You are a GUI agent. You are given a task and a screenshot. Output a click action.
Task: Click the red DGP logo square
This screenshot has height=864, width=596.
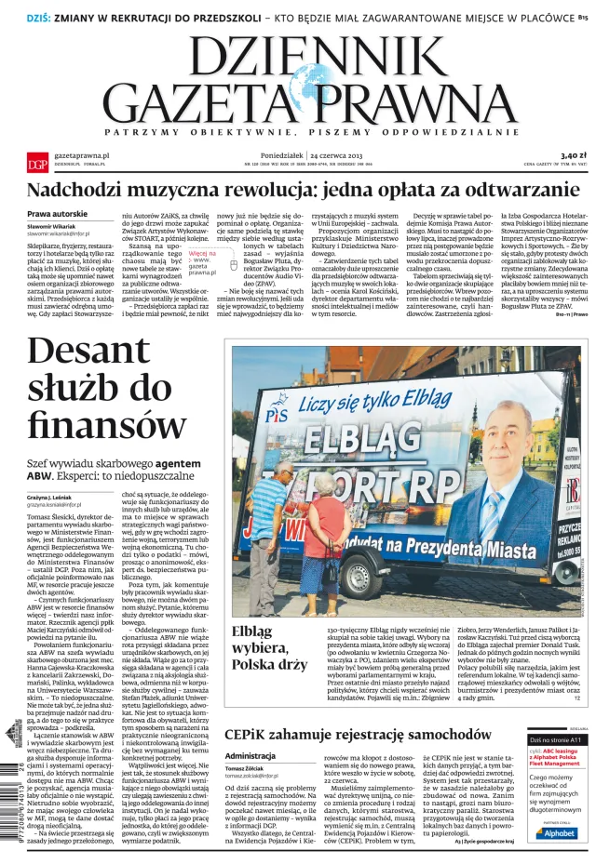tap(36, 164)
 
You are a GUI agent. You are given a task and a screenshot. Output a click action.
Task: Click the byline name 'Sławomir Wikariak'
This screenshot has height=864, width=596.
tap(52, 227)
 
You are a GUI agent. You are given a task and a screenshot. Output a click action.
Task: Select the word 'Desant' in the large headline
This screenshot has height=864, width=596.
tap(88, 352)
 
